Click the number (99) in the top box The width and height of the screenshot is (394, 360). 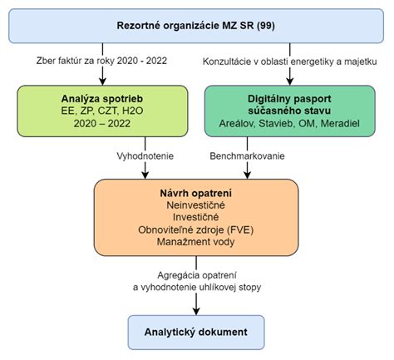click(266, 26)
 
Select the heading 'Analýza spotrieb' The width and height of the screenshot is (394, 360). click(102, 99)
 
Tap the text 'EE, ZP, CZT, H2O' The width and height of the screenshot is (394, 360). click(102, 111)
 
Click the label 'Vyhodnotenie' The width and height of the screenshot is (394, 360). click(145, 156)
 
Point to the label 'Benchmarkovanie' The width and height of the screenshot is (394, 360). click(247, 156)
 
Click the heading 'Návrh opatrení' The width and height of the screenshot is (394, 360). click(196, 193)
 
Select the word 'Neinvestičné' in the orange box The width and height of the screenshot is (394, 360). click(196, 205)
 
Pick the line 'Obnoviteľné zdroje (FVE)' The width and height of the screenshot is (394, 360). click(196, 229)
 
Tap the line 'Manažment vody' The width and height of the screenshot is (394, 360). click(196, 242)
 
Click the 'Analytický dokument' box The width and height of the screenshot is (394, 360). click(196, 332)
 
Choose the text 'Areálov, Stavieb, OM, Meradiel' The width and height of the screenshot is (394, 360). click(289, 123)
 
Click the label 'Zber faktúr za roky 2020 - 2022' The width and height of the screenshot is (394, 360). click(101, 61)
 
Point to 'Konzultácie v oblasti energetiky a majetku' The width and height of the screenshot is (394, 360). click(290, 62)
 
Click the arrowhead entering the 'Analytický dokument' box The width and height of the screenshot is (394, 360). click(196, 312)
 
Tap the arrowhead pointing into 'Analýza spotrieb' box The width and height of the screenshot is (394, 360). click(102, 81)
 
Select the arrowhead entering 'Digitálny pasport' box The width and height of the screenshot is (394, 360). click(290, 81)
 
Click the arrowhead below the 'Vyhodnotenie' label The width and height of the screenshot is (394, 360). click(145, 175)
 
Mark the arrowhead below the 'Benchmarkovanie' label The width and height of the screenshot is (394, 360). click(247, 175)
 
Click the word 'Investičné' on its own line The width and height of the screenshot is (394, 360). click(196, 218)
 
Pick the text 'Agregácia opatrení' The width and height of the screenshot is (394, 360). click(197, 275)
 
